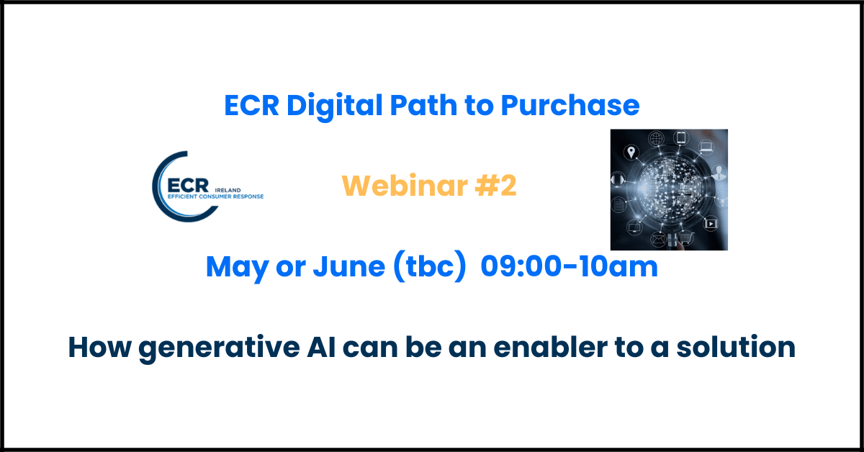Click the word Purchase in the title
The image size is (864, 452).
click(x=570, y=105)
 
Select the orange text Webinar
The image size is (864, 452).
click(x=405, y=186)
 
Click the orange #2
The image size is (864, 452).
click(x=495, y=186)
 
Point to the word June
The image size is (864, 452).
click(x=348, y=266)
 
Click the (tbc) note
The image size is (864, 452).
click(x=430, y=266)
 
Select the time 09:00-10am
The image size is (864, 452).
click(x=570, y=266)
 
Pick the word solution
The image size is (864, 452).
click(x=736, y=347)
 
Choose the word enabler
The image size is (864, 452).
click(x=550, y=347)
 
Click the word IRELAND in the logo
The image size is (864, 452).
click(x=228, y=190)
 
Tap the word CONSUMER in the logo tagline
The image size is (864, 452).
click(x=220, y=196)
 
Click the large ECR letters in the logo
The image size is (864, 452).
click(x=188, y=186)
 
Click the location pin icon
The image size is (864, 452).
click(x=631, y=152)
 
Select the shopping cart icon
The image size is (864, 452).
click(x=685, y=238)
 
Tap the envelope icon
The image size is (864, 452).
click(x=658, y=239)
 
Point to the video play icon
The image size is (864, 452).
click(x=711, y=224)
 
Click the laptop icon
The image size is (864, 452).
click(x=706, y=147)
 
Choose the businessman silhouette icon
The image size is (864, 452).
click(x=719, y=173)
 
